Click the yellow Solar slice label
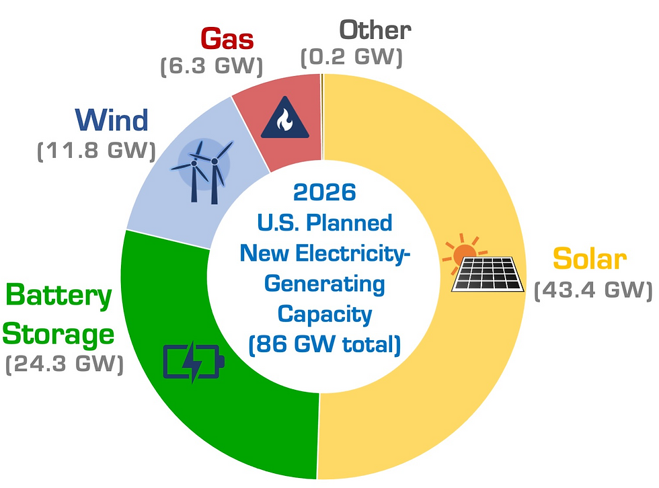[589, 259]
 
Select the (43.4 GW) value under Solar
[592, 290]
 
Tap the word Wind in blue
[112, 120]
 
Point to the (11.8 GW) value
[95, 150]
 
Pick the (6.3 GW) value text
[211, 66]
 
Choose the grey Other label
[375, 30]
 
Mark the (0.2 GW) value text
[351, 57]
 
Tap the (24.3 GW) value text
[65, 364]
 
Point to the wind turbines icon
[204, 169]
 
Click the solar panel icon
[488, 274]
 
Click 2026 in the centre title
[324, 193]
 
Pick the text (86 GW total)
[324, 345]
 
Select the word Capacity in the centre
[324, 314]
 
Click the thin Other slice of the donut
[322, 114]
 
